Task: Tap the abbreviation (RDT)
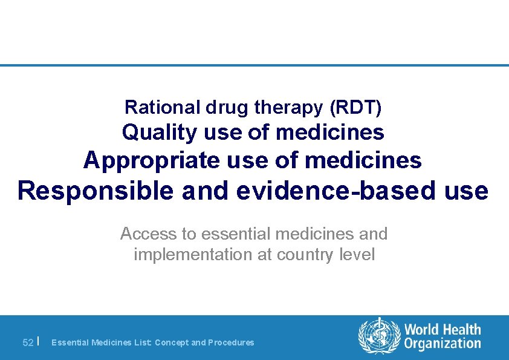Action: tap(356, 108)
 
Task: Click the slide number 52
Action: tap(28, 342)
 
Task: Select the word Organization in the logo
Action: tap(443, 344)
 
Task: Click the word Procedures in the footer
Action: tap(231, 342)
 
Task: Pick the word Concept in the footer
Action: tap(172, 342)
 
